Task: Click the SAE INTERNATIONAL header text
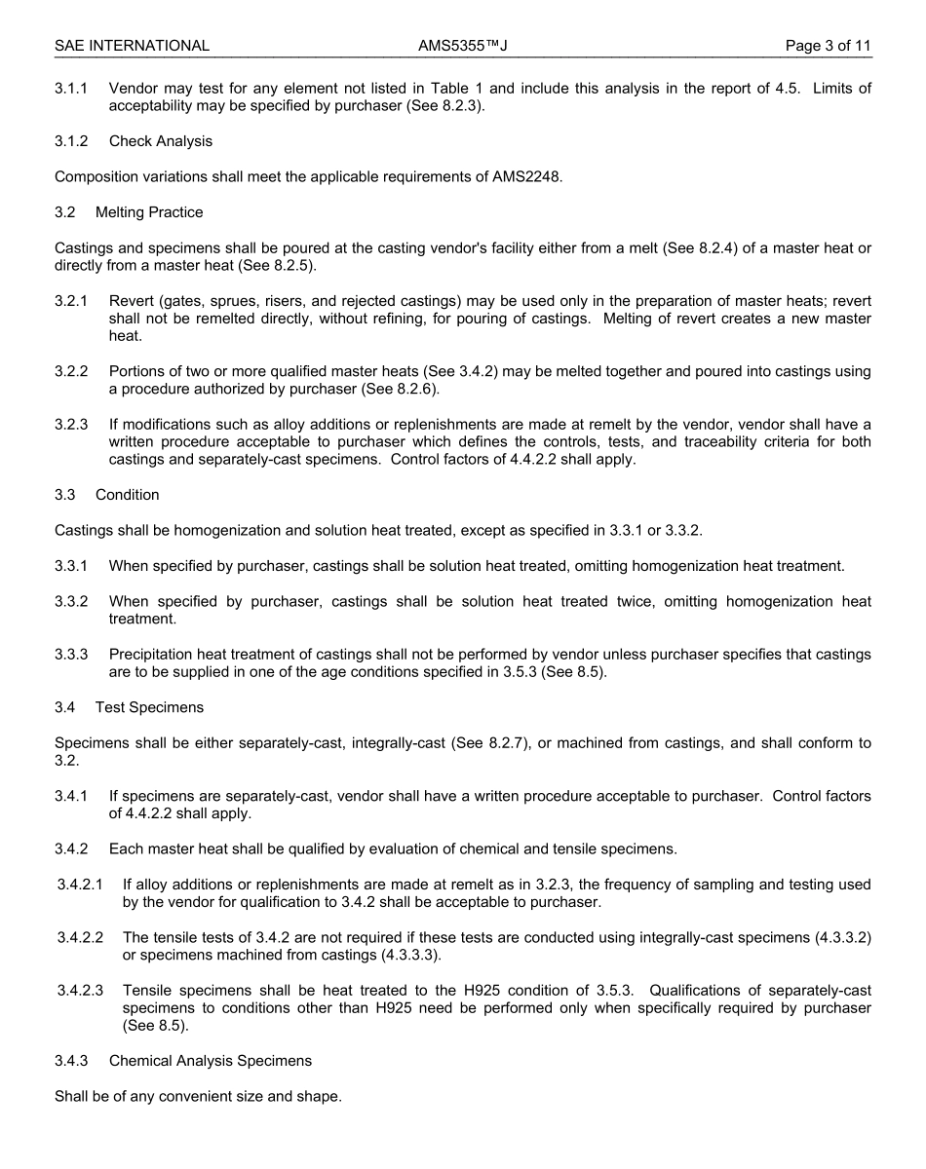click(132, 46)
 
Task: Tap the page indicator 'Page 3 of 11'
click(829, 46)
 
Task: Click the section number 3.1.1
click(71, 89)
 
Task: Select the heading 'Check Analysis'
click(160, 141)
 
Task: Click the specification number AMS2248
click(527, 176)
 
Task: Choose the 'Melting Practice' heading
click(149, 212)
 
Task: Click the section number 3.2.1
click(71, 301)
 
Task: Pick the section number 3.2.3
click(71, 425)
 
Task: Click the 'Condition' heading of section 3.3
click(127, 495)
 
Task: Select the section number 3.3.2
click(71, 601)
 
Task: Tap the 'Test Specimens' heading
click(149, 707)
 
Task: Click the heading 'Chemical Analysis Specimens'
click(211, 1061)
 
